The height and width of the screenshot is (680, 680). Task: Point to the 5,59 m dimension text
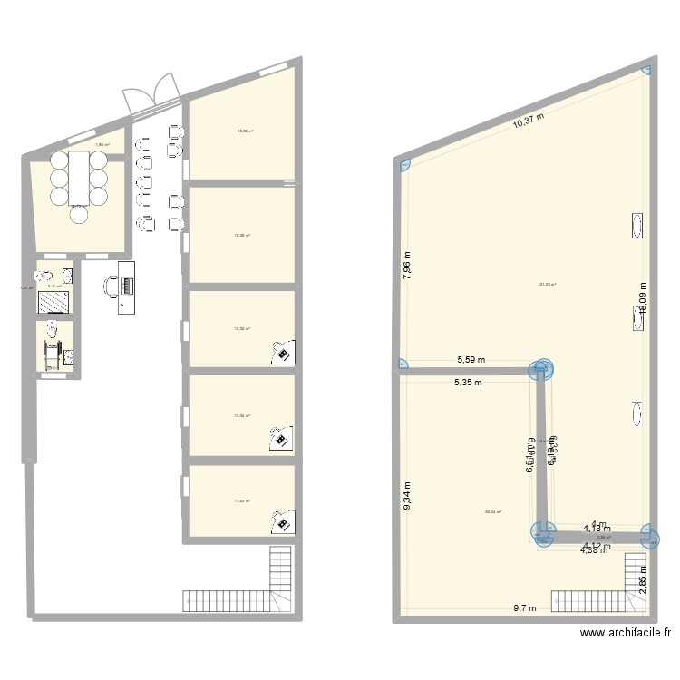point(470,360)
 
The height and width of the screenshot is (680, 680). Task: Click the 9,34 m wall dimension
point(408,495)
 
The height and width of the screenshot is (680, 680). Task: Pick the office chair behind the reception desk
point(111,286)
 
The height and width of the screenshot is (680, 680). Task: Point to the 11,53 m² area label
point(242,500)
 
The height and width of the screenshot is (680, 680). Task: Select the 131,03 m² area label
point(546,284)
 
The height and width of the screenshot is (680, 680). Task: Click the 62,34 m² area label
point(493,511)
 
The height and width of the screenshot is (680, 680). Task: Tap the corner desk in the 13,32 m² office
point(285,352)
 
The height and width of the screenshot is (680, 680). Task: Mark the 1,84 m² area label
point(102,144)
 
